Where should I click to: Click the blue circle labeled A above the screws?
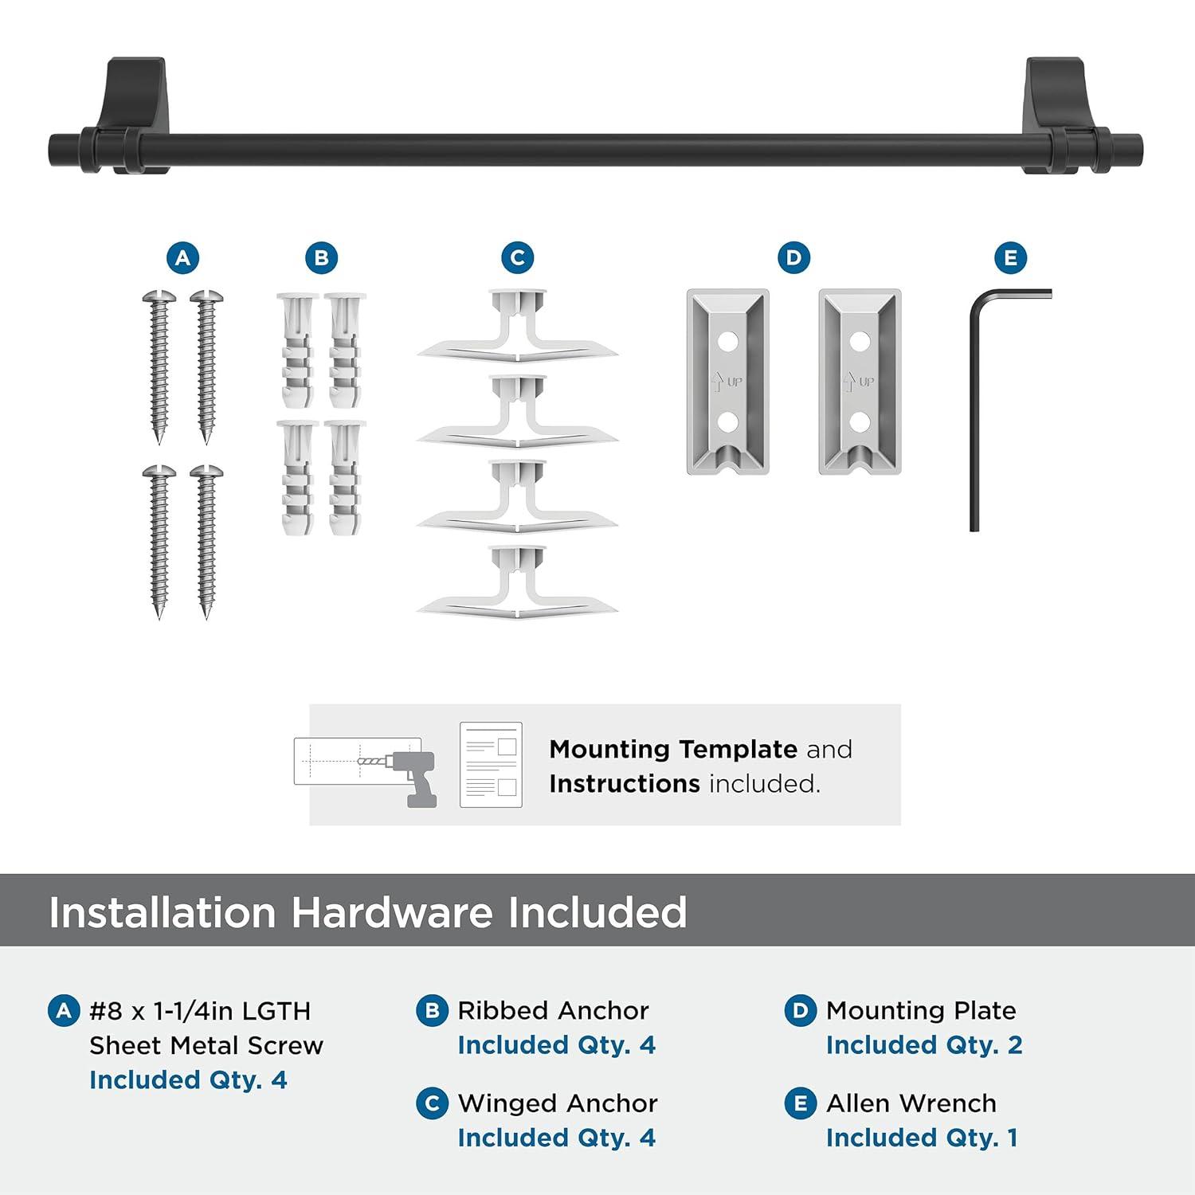(182, 258)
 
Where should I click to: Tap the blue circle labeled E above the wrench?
(1010, 258)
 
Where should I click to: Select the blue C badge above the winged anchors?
(517, 258)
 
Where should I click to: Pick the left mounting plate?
(727, 381)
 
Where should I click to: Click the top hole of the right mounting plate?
(859, 343)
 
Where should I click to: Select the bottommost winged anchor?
(517, 582)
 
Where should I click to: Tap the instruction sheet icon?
(491, 765)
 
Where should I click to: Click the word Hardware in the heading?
(391, 912)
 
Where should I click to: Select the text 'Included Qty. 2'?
(923, 1044)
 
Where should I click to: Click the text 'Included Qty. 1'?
(922, 1138)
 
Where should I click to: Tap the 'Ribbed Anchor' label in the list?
(553, 1010)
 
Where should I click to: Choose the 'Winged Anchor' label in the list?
(558, 1103)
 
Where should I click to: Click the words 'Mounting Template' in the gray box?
(673, 750)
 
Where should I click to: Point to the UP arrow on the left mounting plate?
(716, 382)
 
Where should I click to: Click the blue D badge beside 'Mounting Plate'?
(800, 1011)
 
